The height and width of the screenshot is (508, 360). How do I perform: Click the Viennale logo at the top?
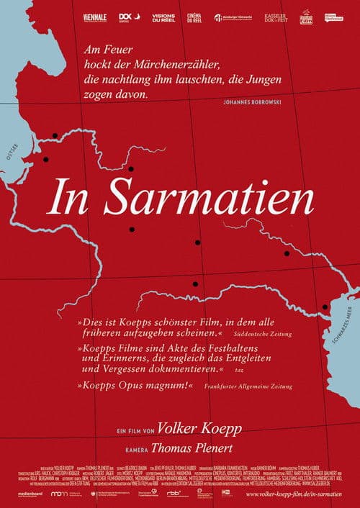click(95, 17)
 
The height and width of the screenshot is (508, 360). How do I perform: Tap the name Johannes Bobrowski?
click(246, 102)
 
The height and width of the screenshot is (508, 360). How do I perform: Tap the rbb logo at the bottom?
click(174, 494)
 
